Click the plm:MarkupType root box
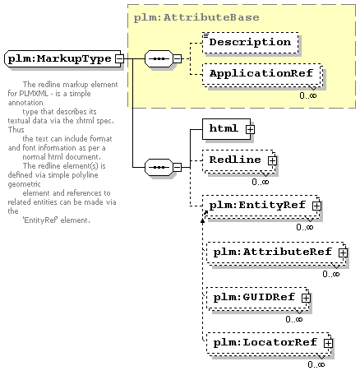point(62,58)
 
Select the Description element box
point(251,43)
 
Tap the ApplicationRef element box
point(262,74)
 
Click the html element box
point(226,129)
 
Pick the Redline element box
point(239,161)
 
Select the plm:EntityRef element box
point(261,206)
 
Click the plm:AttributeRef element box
point(276,253)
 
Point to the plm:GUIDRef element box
point(258,299)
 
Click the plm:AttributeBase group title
point(196,17)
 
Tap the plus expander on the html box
point(250,129)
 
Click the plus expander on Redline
point(272,160)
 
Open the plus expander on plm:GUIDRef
point(306,298)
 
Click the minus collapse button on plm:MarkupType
point(119,58)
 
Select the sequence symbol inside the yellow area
point(159,58)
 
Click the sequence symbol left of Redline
point(159,167)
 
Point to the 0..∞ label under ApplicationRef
point(308,95)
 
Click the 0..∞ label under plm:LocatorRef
point(316,364)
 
